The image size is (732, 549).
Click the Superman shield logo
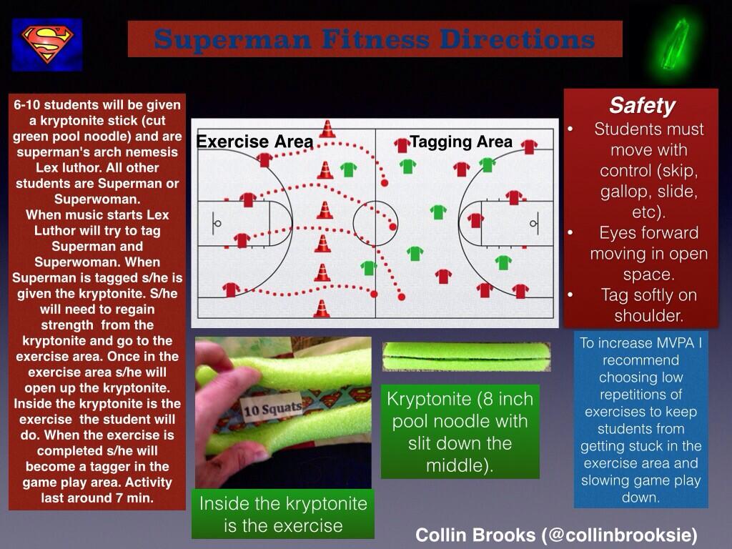(x=47, y=45)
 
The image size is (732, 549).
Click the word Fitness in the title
(x=375, y=39)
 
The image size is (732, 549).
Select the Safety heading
(x=642, y=105)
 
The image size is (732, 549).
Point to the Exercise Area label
(x=254, y=141)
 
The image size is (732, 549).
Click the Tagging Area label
(x=461, y=141)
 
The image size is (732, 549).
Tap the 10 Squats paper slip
(x=272, y=410)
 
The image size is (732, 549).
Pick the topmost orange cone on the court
(x=327, y=129)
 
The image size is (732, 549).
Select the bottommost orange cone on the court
(x=321, y=309)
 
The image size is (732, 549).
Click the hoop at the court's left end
(x=217, y=224)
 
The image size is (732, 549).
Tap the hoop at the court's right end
(x=533, y=224)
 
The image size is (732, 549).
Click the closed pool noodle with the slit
(x=466, y=357)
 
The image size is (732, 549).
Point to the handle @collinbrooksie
(x=620, y=535)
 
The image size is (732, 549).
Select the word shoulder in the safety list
(x=648, y=315)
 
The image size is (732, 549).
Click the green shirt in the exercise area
(x=348, y=169)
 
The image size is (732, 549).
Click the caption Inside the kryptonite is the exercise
(x=283, y=515)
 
